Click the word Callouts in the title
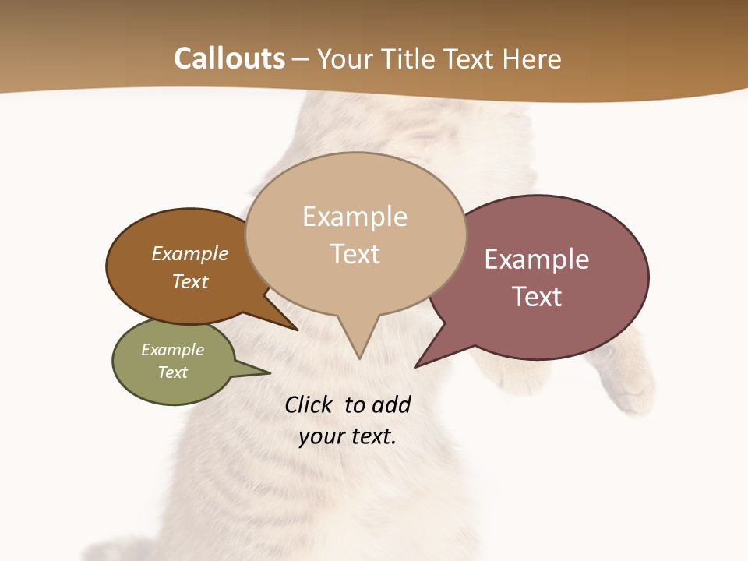(x=229, y=58)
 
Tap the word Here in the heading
(x=530, y=59)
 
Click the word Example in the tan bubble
(x=355, y=217)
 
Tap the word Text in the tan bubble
(x=355, y=254)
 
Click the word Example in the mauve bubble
(x=537, y=259)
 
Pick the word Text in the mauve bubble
(x=537, y=297)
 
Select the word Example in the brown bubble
(x=190, y=253)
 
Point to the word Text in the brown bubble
(x=190, y=281)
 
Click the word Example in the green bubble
(x=172, y=350)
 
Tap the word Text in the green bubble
(x=172, y=372)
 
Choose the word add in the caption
(x=391, y=404)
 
